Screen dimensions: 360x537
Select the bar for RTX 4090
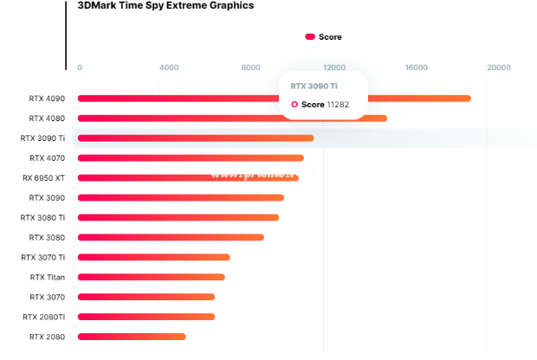point(274,98)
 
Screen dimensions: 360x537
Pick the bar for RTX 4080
point(232,118)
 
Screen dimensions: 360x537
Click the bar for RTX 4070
point(191,157)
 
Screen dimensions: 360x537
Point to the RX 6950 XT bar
point(188,177)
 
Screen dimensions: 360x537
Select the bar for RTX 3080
point(171,237)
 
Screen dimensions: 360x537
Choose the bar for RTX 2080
point(132,337)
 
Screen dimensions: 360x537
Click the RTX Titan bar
point(152,277)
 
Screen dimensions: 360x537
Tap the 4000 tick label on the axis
point(169,67)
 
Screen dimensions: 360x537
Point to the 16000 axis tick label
point(417,67)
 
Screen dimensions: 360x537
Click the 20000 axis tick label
point(499,67)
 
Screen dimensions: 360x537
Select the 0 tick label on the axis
point(80,67)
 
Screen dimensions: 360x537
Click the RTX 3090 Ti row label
point(42,138)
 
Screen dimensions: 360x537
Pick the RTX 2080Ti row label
point(44,317)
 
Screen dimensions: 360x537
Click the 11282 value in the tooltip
point(338,104)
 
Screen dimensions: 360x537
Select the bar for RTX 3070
point(146,297)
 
